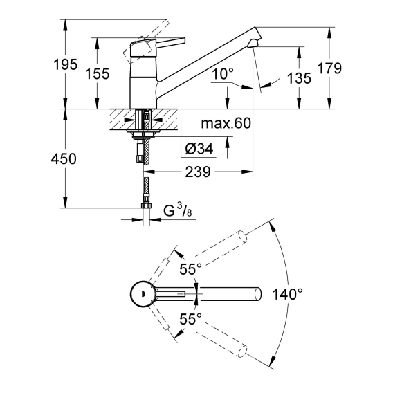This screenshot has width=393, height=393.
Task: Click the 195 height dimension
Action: click(65, 64)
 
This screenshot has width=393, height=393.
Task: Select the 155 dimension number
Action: click(98, 73)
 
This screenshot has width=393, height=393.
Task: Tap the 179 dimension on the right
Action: click(329, 68)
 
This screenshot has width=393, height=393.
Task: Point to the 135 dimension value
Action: click(299, 78)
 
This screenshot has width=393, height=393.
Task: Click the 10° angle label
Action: click(223, 74)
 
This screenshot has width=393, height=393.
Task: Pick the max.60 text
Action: click(226, 123)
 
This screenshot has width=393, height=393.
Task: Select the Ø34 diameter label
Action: click(199, 149)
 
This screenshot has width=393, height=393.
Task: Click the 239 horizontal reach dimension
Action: click(198, 172)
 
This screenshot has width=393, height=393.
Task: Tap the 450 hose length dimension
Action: click(64, 159)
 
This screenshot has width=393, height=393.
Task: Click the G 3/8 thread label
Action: click(177, 210)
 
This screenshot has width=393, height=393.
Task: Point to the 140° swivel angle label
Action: click(287, 294)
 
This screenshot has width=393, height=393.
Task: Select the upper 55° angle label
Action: click(190, 269)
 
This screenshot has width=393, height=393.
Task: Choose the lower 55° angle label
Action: click(190, 320)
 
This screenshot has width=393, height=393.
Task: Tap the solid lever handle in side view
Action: click(158, 47)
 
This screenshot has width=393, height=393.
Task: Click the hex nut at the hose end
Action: click(146, 205)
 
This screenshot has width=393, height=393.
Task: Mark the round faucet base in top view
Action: click(142, 293)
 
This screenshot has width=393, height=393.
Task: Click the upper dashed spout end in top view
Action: click(242, 237)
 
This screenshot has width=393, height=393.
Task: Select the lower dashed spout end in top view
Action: click(242, 351)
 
